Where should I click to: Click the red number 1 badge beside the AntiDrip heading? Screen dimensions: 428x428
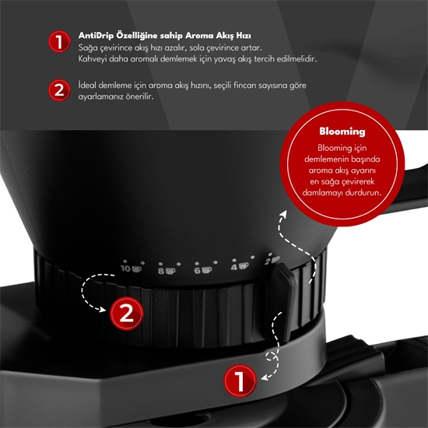click(59, 41)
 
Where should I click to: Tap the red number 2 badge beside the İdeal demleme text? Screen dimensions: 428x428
click(59, 90)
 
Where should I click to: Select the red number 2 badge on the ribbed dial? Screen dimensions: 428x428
click(127, 314)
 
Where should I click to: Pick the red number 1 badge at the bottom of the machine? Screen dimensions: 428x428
click(240, 381)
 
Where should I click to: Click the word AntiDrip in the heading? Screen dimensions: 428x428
click(96, 36)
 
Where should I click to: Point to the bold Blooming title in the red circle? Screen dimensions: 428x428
click(342, 132)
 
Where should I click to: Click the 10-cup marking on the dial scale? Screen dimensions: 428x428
click(131, 268)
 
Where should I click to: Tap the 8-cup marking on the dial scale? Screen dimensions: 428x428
click(167, 271)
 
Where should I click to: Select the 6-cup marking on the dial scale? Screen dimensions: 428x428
click(203, 270)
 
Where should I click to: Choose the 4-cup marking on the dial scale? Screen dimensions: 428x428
click(240, 266)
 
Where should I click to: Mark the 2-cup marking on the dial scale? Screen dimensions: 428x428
click(272, 261)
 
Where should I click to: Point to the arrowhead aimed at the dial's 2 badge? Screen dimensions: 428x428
click(103, 309)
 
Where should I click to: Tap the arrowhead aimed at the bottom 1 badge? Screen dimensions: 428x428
click(264, 378)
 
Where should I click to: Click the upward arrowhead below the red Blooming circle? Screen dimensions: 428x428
click(284, 214)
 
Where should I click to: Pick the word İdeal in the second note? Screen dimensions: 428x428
click(87, 85)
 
